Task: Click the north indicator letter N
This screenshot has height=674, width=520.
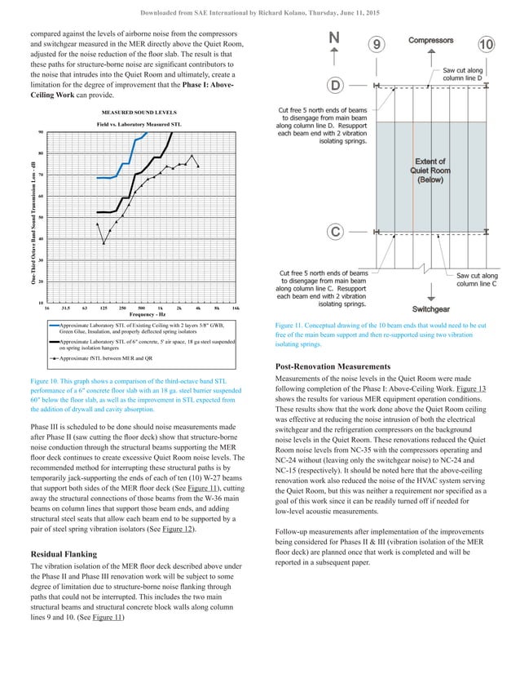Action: pyautogui.click(x=334, y=38)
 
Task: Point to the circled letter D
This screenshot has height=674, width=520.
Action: pyautogui.click(x=334, y=85)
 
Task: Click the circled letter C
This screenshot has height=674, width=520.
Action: pyautogui.click(x=334, y=232)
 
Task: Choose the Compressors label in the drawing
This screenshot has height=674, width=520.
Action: pyautogui.click(x=432, y=39)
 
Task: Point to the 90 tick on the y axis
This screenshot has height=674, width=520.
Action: pyautogui.click(x=41, y=132)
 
